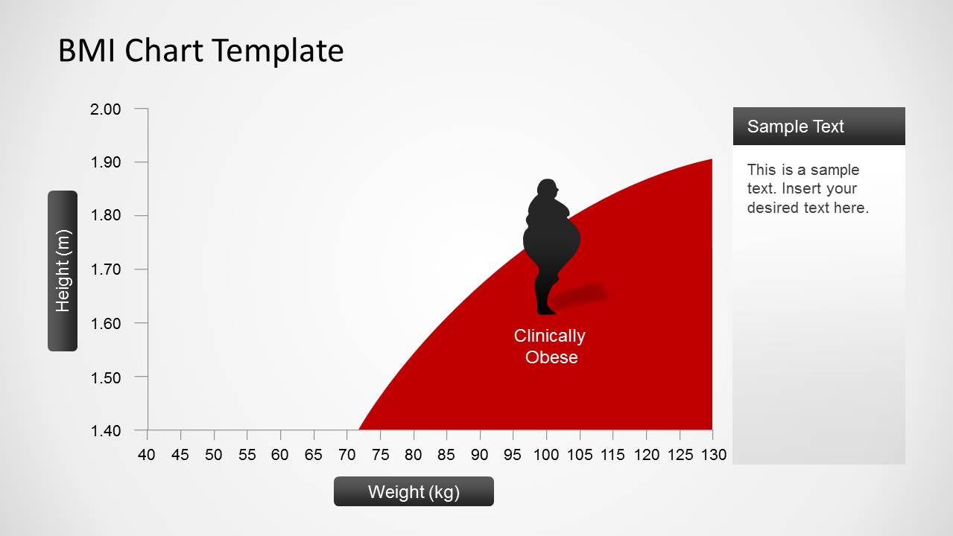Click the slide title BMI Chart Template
coord(200,51)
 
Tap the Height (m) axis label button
coord(63,270)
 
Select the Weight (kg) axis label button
coord(414,491)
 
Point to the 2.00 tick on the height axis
coord(105,109)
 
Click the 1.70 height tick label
coord(105,269)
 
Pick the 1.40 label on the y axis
coord(105,431)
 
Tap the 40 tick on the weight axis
coord(147,455)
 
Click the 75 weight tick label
coord(380,455)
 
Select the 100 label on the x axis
coord(546,455)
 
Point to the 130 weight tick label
coord(713,455)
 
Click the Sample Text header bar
coord(818,126)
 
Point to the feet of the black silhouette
coord(545,309)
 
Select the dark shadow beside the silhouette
coord(582,296)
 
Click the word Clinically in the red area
coord(549,336)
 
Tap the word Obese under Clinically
coord(551,357)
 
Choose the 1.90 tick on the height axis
coord(105,162)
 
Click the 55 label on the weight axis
coord(247,455)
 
